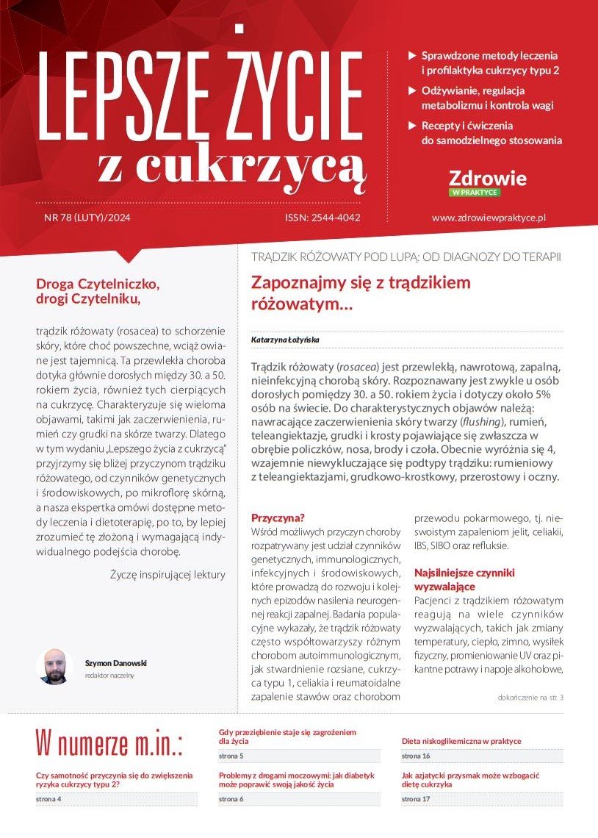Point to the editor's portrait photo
tap(54, 666)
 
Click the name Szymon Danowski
tap(115, 662)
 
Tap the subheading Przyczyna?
tap(278, 517)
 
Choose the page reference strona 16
tap(416, 756)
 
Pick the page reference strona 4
tap(48, 799)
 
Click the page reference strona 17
tap(416, 799)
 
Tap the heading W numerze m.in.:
tap(109, 742)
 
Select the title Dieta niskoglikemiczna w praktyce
tap(461, 741)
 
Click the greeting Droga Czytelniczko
tap(98, 283)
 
